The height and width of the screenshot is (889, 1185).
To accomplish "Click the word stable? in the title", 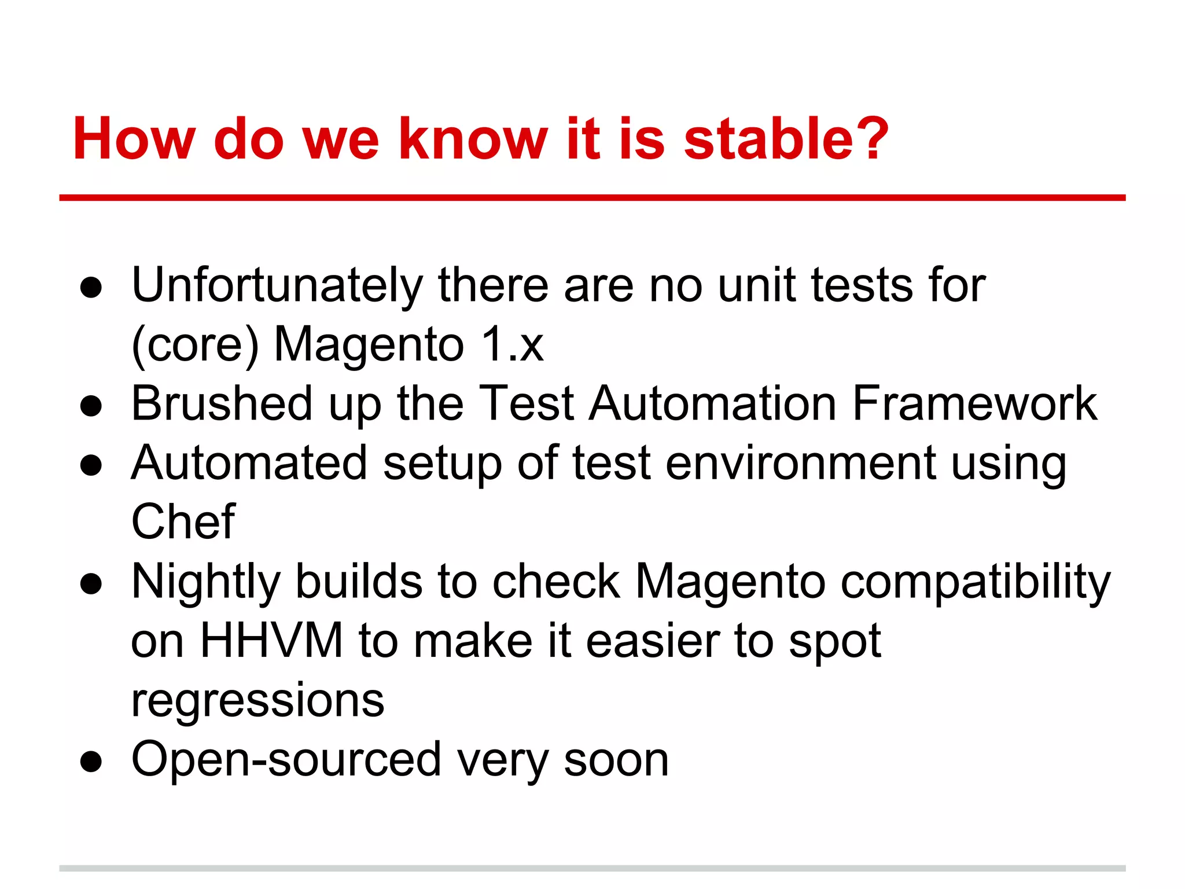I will [786, 139].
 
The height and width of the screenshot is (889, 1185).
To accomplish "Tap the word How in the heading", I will [134, 139].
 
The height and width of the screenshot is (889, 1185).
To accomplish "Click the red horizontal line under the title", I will [592, 198].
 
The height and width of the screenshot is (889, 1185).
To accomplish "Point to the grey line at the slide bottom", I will [592, 868].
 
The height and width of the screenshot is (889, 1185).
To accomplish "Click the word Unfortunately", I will [277, 285].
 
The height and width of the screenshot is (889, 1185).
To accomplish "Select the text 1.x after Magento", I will [513, 344].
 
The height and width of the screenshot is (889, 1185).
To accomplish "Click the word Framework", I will [974, 403].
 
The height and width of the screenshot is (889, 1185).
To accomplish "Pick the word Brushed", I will [222, 403].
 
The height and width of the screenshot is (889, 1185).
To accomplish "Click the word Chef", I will [183, 521].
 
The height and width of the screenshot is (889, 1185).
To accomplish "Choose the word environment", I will [801, 463].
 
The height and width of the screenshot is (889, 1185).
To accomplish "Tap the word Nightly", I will [205, 583].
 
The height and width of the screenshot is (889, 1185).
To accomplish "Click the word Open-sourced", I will [286, 760].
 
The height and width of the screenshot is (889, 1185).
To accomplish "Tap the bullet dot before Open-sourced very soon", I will [91, 762].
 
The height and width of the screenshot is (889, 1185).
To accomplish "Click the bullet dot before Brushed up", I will [91, 406].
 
